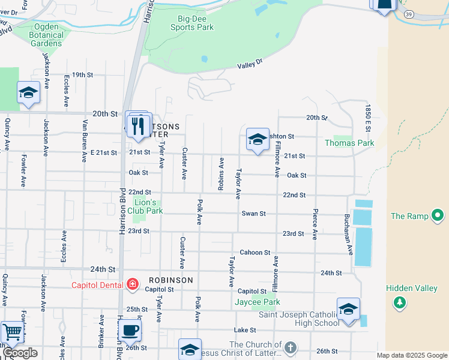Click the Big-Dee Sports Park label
coord(191,23)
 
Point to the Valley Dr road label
coord(250,64)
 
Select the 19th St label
coord(82,75)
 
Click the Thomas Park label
coord(349,143)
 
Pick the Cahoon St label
coord(255,253)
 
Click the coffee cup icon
coord(130,329)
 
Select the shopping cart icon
coord(11,332)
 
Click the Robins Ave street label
coord(221,174)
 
